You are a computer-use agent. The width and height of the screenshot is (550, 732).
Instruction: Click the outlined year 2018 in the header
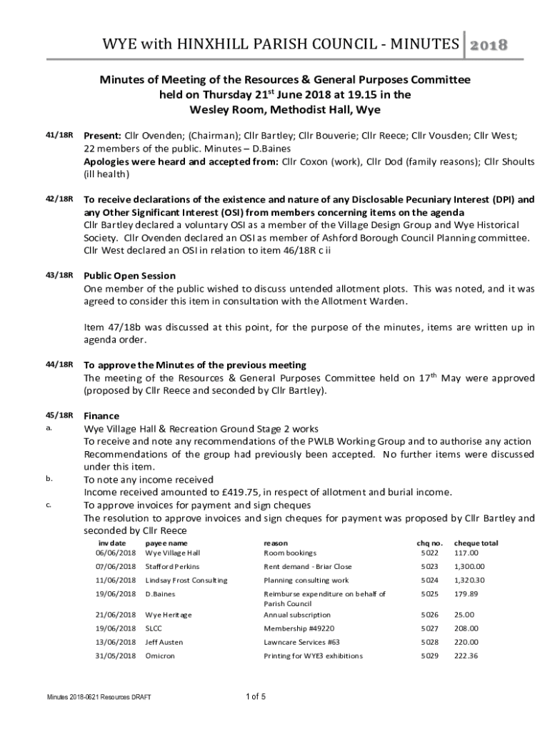pos(488,46)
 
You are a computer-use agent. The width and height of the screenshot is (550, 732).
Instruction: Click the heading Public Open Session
pos(130,275)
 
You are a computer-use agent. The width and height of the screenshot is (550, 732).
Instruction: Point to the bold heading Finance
pos(102,415)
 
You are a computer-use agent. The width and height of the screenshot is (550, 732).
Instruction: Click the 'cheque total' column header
pos(476,543)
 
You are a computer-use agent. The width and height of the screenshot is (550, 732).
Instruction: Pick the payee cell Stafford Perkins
pos(172,566)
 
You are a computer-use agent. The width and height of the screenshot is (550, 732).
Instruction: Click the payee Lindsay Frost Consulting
pos(186,580)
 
